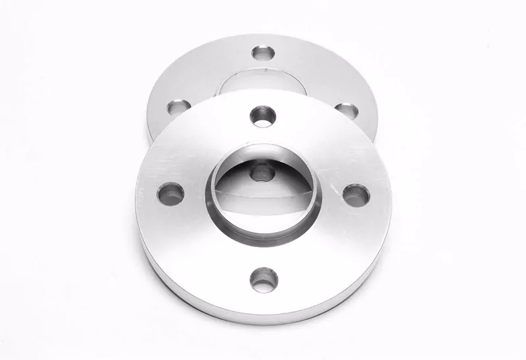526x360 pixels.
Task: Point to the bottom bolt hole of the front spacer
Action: (x=262, y=279)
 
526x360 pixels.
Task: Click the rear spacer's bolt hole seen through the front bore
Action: (x=262, y=172)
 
